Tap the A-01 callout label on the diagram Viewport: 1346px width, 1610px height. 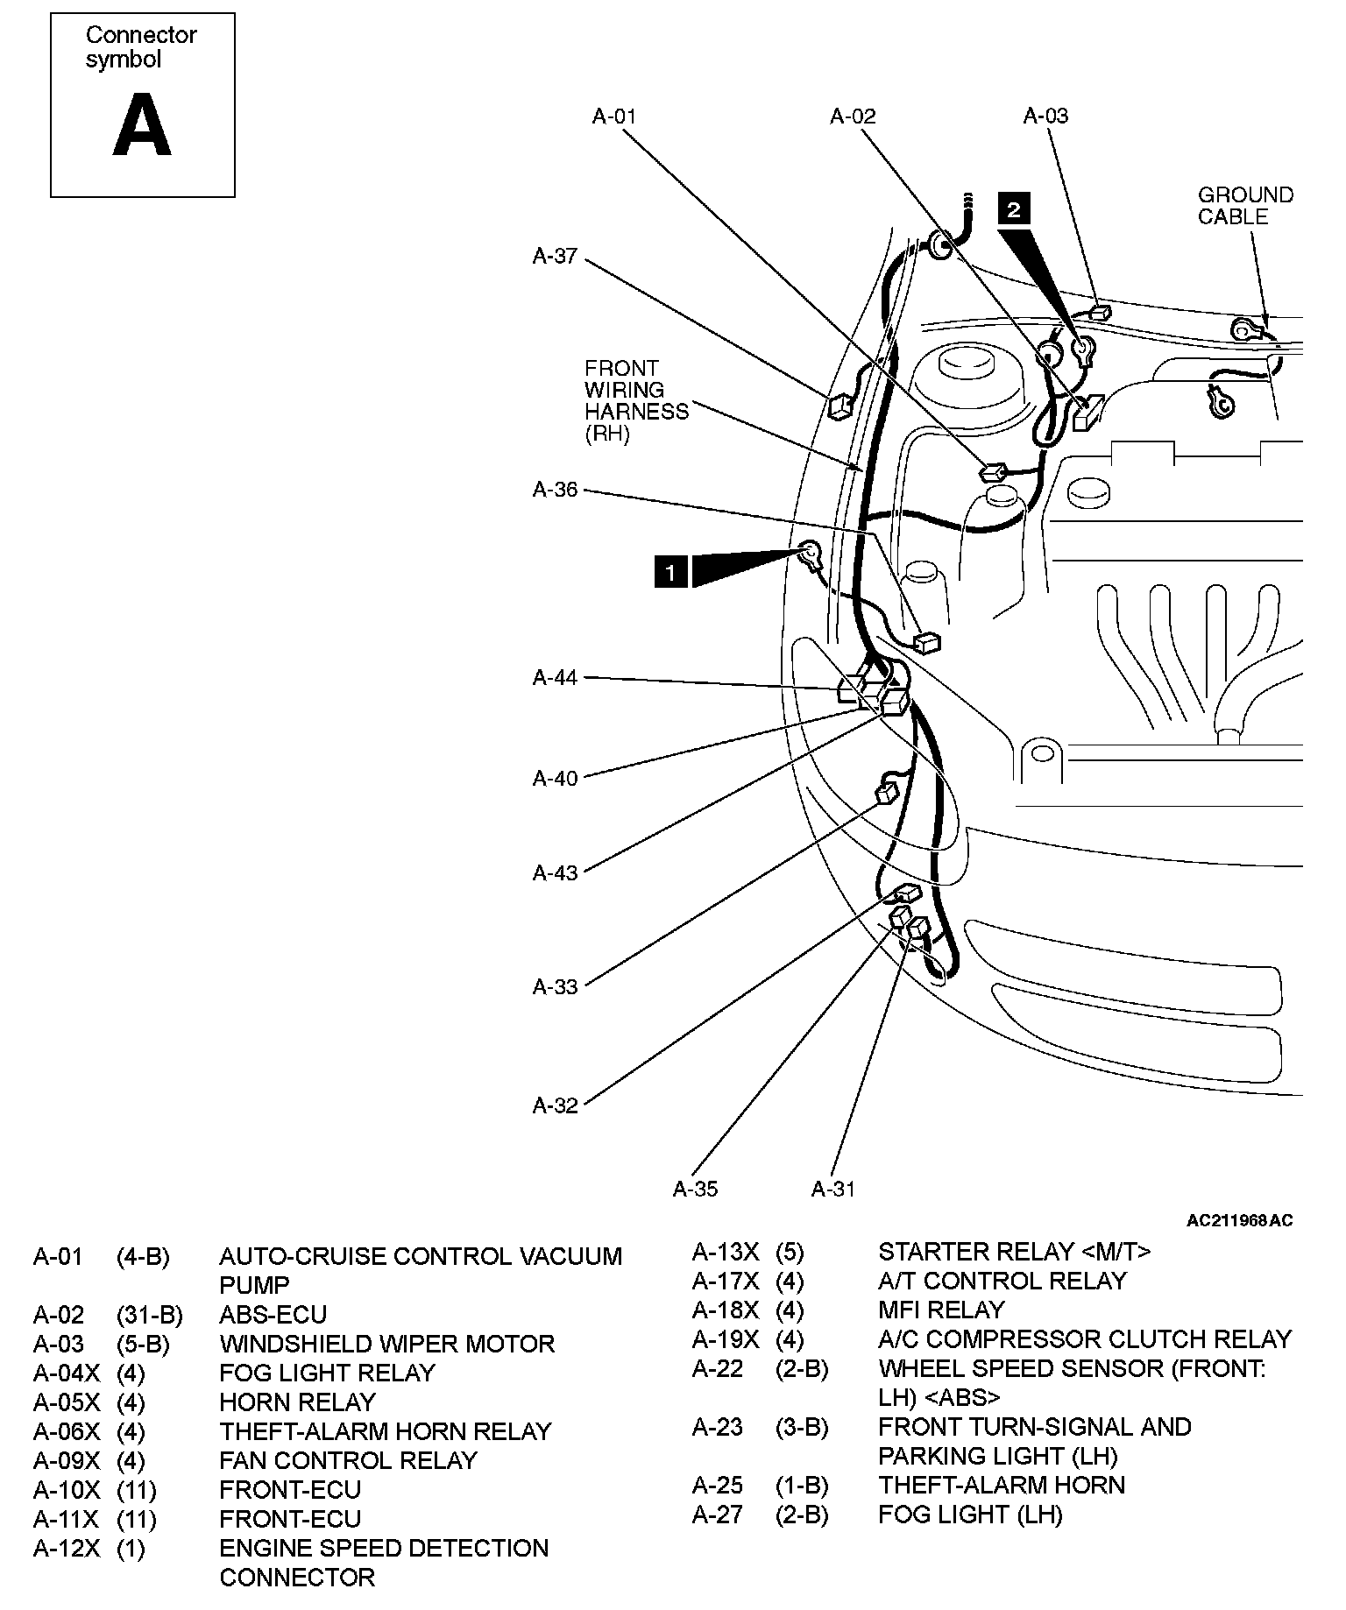[614, 117]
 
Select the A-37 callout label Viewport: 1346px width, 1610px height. [555, 256]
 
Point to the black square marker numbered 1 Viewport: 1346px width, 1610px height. [670, 572]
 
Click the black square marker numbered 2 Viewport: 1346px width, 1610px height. [1014, 210]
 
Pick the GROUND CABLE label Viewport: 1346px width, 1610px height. [1245, 206]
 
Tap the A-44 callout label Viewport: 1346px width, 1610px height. [555, 678]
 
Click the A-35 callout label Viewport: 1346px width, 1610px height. [695, 1189]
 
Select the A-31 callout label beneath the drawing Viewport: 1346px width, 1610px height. [832, 1189]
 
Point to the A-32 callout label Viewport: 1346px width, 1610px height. [555, 1105]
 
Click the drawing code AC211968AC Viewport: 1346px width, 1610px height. [1239, 1220]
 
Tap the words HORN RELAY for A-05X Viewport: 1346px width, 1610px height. [297, 1402]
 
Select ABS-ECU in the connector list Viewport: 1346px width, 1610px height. [273, 1315]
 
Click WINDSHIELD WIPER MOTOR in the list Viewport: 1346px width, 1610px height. [386, 1344]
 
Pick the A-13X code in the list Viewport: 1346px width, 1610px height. [726, 1252]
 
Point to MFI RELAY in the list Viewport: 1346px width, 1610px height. [941, 1310]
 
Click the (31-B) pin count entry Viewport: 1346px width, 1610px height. [149, 1315]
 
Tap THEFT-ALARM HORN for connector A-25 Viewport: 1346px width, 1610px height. [1002, 1485]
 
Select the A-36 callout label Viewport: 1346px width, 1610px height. [555, 490]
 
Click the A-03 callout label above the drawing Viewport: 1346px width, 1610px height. [1045, 117]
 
